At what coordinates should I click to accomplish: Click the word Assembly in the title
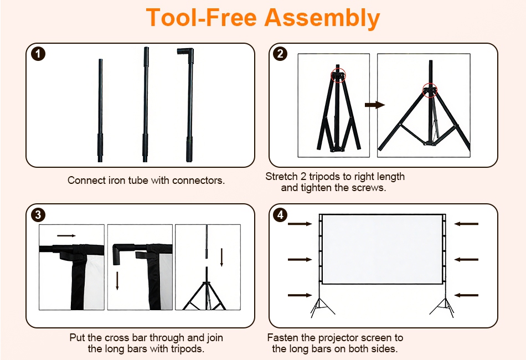coord(322,18)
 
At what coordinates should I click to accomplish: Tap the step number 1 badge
coord(38,54)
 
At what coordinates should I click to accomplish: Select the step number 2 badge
coord(281,54)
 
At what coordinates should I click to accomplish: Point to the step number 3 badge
coord(38,215)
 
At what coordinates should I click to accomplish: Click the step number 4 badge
coord(281,215)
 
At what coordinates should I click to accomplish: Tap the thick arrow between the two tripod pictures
coord(375,105)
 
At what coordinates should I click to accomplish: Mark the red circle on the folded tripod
coord(338,75)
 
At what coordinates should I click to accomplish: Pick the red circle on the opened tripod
coord(430,90)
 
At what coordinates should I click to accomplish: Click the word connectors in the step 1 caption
coord(198,181)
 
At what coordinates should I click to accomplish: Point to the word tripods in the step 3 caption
coord(187,349)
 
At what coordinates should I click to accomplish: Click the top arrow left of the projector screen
coord(300,224)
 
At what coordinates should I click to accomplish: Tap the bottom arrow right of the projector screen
coord(466,295)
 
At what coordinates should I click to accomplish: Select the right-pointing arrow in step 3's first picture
coord(66,236)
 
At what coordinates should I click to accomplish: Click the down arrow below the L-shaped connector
coord(117,281)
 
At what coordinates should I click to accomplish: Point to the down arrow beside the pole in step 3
coord(221,258)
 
